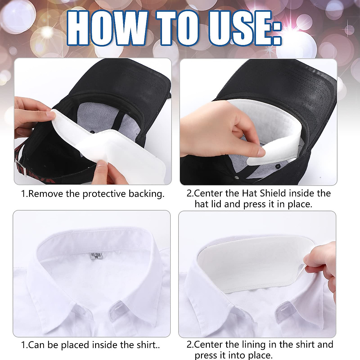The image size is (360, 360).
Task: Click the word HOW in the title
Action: (x=106, y=29)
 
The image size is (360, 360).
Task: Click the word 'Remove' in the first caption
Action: (x=46, y=194)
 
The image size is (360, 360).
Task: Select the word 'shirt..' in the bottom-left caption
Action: (x=148, y=345)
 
